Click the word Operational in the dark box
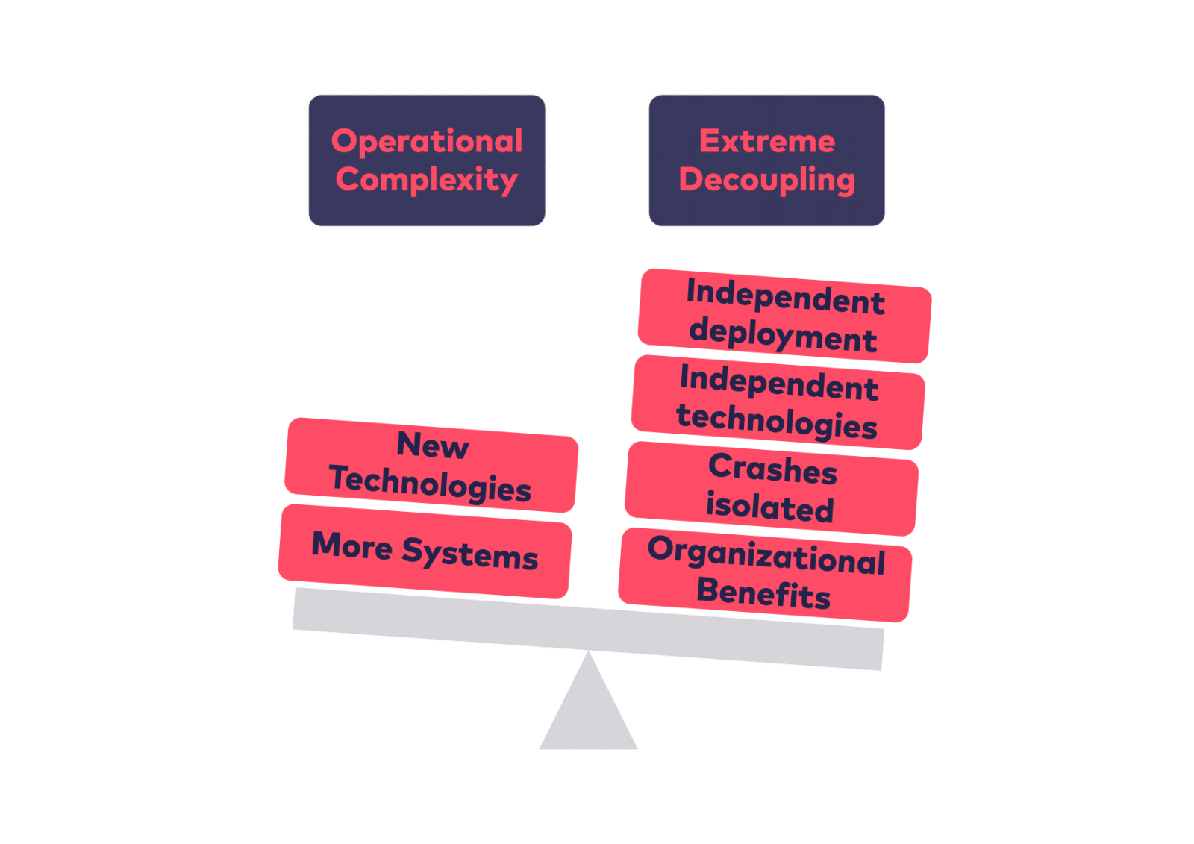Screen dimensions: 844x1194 427,141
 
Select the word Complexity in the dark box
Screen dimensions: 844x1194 427,180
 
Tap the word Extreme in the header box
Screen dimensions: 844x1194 767,141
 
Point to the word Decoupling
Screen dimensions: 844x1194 767,180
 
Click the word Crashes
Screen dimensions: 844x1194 773,469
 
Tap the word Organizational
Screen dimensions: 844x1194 766,555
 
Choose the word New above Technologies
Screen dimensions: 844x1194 433,445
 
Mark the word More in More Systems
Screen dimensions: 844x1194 352,546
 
